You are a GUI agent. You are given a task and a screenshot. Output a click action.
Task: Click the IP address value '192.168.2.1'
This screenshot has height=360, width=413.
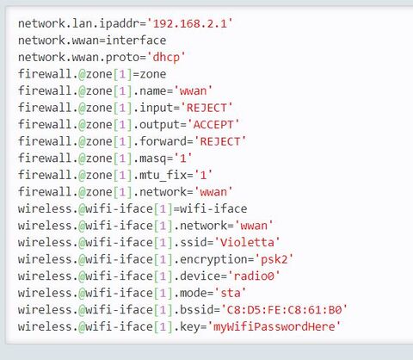coord(189,23)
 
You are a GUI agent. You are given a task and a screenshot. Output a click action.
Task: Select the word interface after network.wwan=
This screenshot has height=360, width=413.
coord(136,40)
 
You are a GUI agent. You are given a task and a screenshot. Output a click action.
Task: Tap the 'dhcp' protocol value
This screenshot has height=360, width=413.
coord(166,58)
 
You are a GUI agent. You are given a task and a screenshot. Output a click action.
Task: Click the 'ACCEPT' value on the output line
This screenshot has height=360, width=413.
coord(213,125)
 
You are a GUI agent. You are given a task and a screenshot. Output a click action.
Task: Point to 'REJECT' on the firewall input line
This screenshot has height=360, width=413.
coord(206,108)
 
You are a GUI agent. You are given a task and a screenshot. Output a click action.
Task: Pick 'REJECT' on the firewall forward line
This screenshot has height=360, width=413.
coord(220,141)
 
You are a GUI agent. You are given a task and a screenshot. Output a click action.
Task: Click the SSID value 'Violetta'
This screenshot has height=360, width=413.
coord(247,243)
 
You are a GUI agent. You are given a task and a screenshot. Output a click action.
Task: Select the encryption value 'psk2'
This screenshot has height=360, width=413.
coord(274,259)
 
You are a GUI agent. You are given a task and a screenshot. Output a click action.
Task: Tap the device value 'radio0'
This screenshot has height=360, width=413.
coord(254,276)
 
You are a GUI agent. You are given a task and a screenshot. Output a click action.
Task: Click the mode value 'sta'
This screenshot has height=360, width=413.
coord(231,293)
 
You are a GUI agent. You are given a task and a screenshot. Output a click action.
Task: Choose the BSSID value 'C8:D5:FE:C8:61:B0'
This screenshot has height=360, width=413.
coord(284,310)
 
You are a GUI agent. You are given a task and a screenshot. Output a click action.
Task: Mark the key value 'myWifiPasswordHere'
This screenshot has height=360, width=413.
coord(274,326)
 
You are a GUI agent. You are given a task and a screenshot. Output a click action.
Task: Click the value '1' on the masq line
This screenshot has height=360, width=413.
coord(183,158)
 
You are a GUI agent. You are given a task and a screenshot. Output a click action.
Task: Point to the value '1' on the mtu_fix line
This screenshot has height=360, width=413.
coord(203,175)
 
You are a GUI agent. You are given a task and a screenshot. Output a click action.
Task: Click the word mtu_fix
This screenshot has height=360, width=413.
coord(163,175)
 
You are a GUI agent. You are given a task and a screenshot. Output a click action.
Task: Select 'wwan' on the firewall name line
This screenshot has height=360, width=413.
coord(193,91)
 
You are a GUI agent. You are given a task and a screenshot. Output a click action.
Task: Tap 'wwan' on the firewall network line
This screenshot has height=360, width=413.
coord(213,192)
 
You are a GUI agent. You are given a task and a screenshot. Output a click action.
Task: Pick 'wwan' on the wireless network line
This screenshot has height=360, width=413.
coord(254,226)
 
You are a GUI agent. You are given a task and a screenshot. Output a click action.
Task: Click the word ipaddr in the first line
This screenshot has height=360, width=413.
coord(119,23)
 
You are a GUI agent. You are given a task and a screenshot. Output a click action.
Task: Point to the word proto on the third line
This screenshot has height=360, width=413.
coord(122,58)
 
